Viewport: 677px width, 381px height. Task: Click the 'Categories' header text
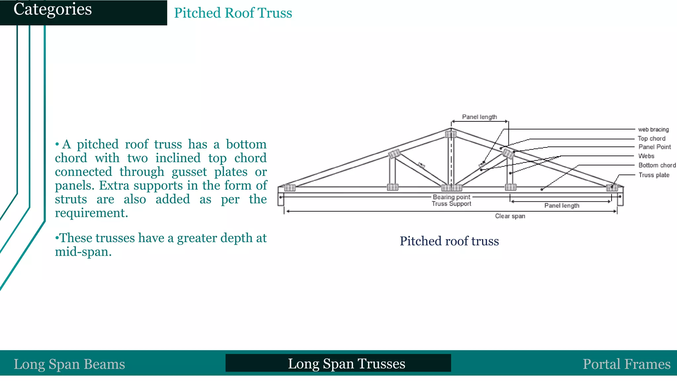53,9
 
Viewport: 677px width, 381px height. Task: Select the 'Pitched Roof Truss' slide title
233,13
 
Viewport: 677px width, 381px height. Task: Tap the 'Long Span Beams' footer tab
69,364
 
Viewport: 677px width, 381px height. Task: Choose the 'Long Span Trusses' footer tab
346,363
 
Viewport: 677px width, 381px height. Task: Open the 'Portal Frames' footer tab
626,364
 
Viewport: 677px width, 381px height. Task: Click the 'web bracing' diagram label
653,130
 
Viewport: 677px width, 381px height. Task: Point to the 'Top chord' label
652,139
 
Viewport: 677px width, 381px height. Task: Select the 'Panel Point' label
655,147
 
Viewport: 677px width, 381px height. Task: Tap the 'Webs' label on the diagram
646,156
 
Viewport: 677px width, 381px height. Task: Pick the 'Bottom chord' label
657,165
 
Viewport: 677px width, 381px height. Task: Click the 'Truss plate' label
654,175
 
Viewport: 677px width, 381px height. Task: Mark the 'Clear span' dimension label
510,216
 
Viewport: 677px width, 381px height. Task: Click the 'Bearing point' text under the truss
452,197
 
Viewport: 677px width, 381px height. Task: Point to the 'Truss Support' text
452,204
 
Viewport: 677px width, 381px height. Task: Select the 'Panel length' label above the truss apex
479,117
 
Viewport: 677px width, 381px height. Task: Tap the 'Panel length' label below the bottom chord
562,206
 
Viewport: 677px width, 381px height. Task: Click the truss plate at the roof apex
451,134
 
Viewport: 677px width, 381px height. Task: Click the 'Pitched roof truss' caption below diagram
449,241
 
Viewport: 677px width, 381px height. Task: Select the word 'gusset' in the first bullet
189,172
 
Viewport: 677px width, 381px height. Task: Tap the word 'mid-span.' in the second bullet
83,252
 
